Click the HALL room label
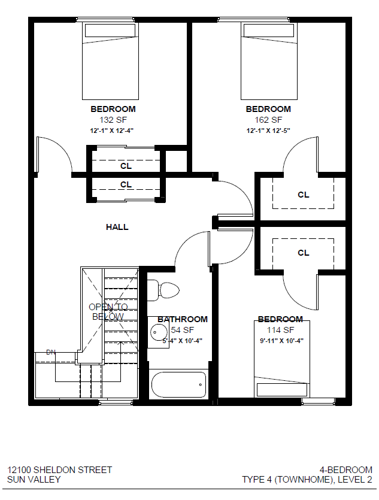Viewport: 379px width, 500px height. coord(117,227)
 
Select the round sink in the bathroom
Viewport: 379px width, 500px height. coord(159,331)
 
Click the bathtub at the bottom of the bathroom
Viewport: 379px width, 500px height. coord(178,384)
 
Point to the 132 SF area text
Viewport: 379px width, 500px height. coord(113,120)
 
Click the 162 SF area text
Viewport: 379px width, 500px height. coord(268,120)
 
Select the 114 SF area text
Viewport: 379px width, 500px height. coord(280,330)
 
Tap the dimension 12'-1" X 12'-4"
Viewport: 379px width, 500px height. coord(113,130)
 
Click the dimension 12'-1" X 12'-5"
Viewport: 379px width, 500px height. coord(268,130)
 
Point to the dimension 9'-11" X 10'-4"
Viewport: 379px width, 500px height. coord(280,340)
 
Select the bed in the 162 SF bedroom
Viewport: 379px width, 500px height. coord(268,60)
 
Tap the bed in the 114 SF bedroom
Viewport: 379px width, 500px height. coord(282,359)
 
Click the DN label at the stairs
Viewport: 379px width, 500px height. coord(50,352)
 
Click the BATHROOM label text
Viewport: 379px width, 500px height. coord(183,319)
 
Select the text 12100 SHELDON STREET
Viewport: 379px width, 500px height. coord(59,470)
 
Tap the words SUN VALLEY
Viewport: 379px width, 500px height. coord(34,480)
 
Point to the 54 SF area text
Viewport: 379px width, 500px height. coord(183,330)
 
